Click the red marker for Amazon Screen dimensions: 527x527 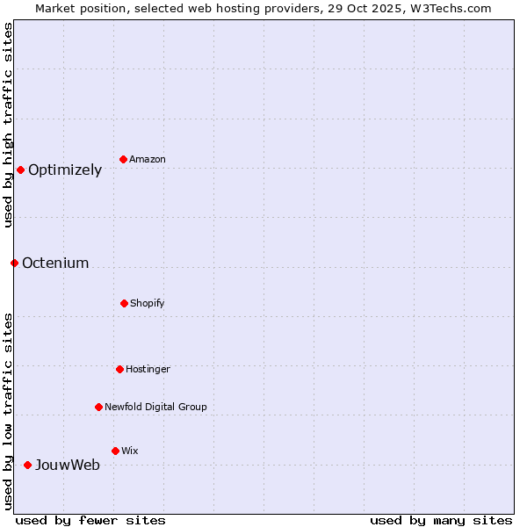[123, 159]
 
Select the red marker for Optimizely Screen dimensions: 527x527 [20, 170]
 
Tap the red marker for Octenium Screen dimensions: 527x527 [14, 263]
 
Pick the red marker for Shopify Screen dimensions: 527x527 [124, 303]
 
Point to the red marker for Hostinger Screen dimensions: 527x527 [119, 369]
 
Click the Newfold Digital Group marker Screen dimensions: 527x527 [98, 407]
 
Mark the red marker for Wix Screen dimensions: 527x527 [115, 451]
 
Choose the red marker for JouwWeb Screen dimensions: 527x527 [27, 465]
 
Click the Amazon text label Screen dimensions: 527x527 [148, 159]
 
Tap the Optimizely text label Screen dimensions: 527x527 [65, 170]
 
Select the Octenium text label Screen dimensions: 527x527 [55, 263]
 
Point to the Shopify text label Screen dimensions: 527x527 [148, 303]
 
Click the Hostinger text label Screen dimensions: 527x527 [148, 369]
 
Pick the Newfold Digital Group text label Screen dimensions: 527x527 [155, 407]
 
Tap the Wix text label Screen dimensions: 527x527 [130, 451]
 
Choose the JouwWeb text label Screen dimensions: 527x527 [68, 466]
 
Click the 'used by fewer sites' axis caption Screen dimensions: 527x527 [90, 520]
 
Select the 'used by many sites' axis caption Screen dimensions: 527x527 [441, 520]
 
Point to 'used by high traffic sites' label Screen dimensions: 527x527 [8, 125]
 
